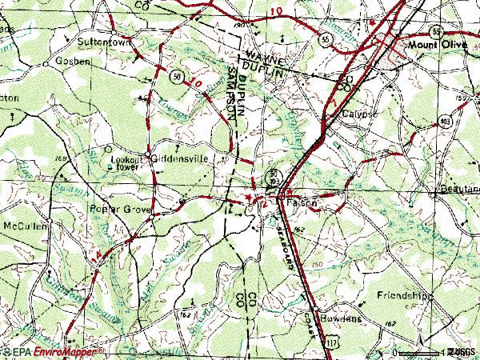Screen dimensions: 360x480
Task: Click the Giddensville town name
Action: [x=181, y=158]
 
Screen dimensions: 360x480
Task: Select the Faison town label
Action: [x=302, y=204]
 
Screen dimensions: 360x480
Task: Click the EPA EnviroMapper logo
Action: [x=53, y=352]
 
